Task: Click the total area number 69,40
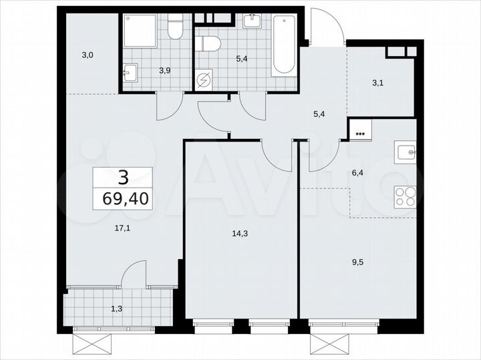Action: pos(122,197)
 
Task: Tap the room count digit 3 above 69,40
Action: pos(122,177)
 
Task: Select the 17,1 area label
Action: pos(122,227)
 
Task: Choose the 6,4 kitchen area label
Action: pos(358,172)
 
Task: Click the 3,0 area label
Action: pos(88,55)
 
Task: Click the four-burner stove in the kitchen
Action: pos(406,196)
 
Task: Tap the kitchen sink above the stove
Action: pos(406,152)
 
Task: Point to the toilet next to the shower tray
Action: pos(175,27)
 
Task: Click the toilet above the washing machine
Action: pos(210,43)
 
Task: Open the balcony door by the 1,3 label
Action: pos(134,275)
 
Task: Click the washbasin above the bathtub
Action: pos(253,21)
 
